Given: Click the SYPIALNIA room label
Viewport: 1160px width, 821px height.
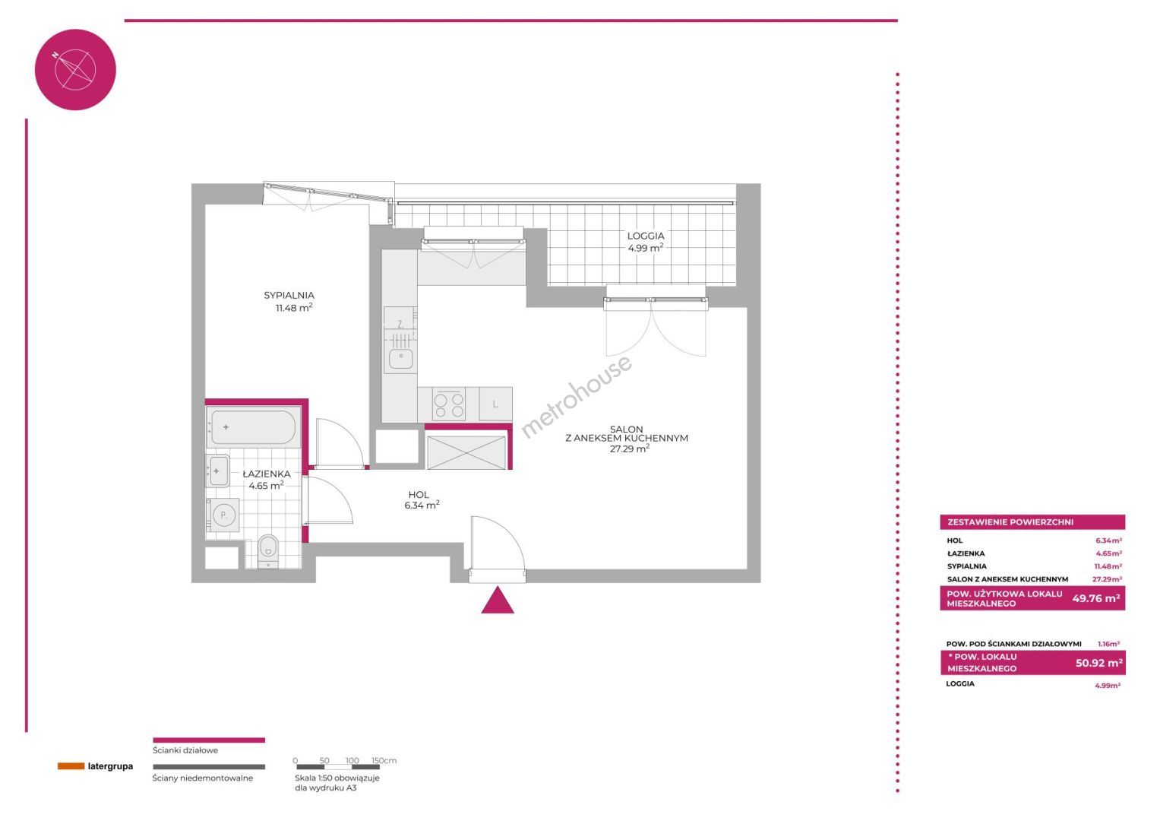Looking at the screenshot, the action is coord(289,296).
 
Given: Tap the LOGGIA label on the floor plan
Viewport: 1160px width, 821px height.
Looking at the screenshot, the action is coord(645,236).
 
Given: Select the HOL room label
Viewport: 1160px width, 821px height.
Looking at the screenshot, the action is coord(419,495).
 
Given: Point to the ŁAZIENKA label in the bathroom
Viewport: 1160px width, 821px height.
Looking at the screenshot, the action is coord(266,473).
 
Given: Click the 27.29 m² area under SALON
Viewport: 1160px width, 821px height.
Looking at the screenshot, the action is coord(630,449).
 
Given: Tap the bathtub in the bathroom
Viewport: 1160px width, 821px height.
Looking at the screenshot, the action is coord(253,427).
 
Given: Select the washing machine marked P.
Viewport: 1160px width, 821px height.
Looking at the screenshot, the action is coord(223,515).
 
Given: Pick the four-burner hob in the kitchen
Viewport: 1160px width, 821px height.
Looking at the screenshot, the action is coord(449,404).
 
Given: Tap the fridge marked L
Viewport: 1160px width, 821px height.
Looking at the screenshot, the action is coord(495,404).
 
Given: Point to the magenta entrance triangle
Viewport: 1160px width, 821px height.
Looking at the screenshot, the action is coord(497,601).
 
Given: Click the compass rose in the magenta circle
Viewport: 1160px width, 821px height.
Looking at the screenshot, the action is coord(74,70).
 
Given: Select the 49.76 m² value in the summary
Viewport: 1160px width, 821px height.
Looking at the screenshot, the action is coord(1095,598).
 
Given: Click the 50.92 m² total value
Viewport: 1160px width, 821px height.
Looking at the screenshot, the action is coord(1099,662).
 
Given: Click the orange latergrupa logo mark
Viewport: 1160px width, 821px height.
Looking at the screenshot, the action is coord(71,766).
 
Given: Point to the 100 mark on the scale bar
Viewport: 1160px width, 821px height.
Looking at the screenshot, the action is coord(352,760).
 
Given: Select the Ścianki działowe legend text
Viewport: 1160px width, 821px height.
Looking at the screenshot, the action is coord(185,750).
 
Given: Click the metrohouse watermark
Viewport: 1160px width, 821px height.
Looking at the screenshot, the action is coord(576,396).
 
